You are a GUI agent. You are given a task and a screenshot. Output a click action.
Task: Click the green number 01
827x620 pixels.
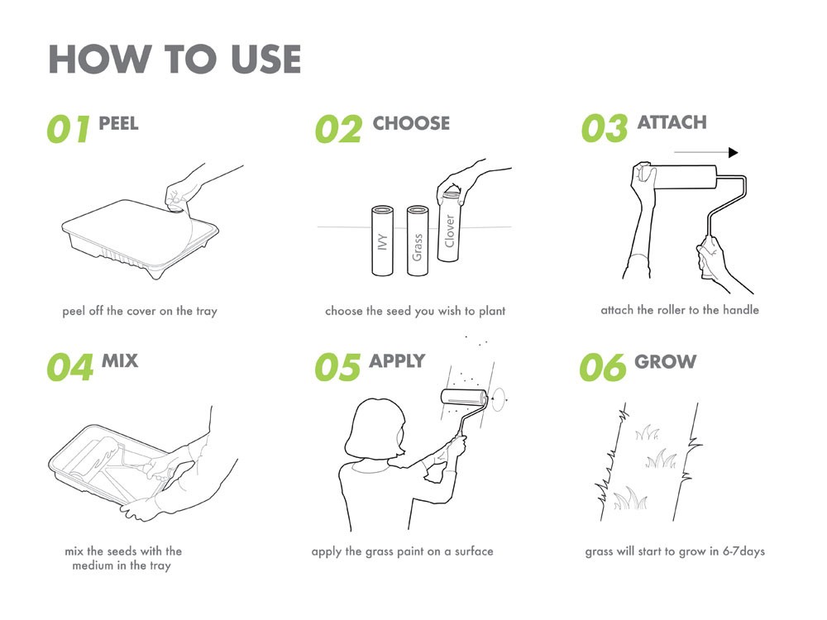(x=68, y=130)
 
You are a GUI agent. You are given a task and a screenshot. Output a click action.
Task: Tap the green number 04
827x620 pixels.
(x=70, y=367)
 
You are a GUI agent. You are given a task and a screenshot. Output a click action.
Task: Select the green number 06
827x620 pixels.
(x=603, y=367)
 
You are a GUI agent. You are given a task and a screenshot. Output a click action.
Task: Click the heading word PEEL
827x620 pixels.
(x=118, y=123)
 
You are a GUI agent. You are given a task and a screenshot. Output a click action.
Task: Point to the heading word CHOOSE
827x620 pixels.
(x=411, y=123)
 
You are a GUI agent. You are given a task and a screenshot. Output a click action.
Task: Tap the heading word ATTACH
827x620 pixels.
(x=672, y=122)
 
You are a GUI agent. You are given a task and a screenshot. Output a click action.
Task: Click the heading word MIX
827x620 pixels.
(x=120, y=361)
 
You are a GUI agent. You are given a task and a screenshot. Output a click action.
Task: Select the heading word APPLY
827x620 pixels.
(x=397, y=361)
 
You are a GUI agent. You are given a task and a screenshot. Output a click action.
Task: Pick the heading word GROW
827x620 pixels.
(x=666, y=362)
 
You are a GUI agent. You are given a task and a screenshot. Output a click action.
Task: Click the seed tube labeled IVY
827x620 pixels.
(x=382, y=241)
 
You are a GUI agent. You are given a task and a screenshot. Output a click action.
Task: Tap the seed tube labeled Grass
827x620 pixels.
(x=418, y=241)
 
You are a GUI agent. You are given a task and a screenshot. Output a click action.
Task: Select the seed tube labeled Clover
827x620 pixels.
(x=449, y=227)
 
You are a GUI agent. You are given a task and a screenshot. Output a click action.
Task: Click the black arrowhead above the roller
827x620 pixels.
(x=733, y=152)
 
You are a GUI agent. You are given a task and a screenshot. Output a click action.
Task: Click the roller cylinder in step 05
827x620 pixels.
(x=464, y=398)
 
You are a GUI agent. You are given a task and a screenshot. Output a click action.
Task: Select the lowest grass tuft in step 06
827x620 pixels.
(x=630, y=498)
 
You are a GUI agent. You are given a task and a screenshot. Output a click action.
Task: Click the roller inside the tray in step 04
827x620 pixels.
(x=96, y=458)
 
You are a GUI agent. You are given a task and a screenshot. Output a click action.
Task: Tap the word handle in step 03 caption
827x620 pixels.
(x=740, y=310)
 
